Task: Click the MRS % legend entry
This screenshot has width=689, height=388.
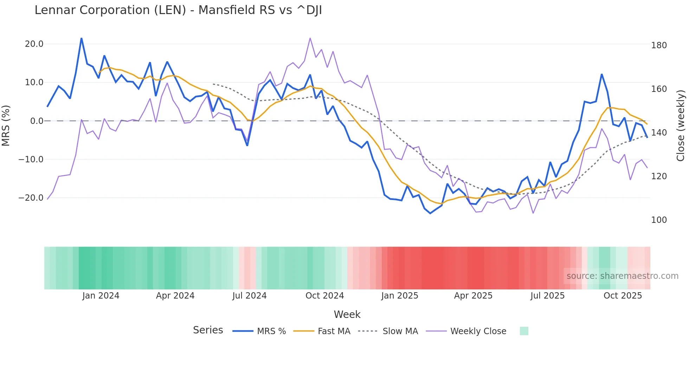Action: [271, 331]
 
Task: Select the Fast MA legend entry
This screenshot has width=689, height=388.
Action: [334, 331]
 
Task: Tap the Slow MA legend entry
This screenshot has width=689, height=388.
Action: [400, 331]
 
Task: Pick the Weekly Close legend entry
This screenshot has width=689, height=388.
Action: [478, 331]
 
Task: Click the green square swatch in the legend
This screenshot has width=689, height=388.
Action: [524, 331]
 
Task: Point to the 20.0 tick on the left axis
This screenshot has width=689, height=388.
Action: [34, 44]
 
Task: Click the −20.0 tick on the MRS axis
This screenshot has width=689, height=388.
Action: [31, 198]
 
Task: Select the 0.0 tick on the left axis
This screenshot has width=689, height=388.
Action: [37, 121]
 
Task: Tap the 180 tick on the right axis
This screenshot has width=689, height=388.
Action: [659, 45]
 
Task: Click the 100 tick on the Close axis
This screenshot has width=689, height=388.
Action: [659, 220]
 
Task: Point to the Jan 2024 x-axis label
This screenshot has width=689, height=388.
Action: [101, 296]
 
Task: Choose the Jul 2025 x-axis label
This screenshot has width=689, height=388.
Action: [547, 296]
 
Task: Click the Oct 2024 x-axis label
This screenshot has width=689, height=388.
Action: [324, 296]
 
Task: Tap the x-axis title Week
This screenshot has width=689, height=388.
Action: [347, 314]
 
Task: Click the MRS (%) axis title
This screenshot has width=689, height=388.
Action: [6, 126]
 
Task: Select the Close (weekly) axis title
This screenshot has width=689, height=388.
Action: [681, 126]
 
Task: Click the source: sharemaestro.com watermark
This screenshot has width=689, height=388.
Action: [622, 276]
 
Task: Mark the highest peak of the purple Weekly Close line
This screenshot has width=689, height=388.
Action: [310, 38]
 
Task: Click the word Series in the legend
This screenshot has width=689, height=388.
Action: [208, 330]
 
